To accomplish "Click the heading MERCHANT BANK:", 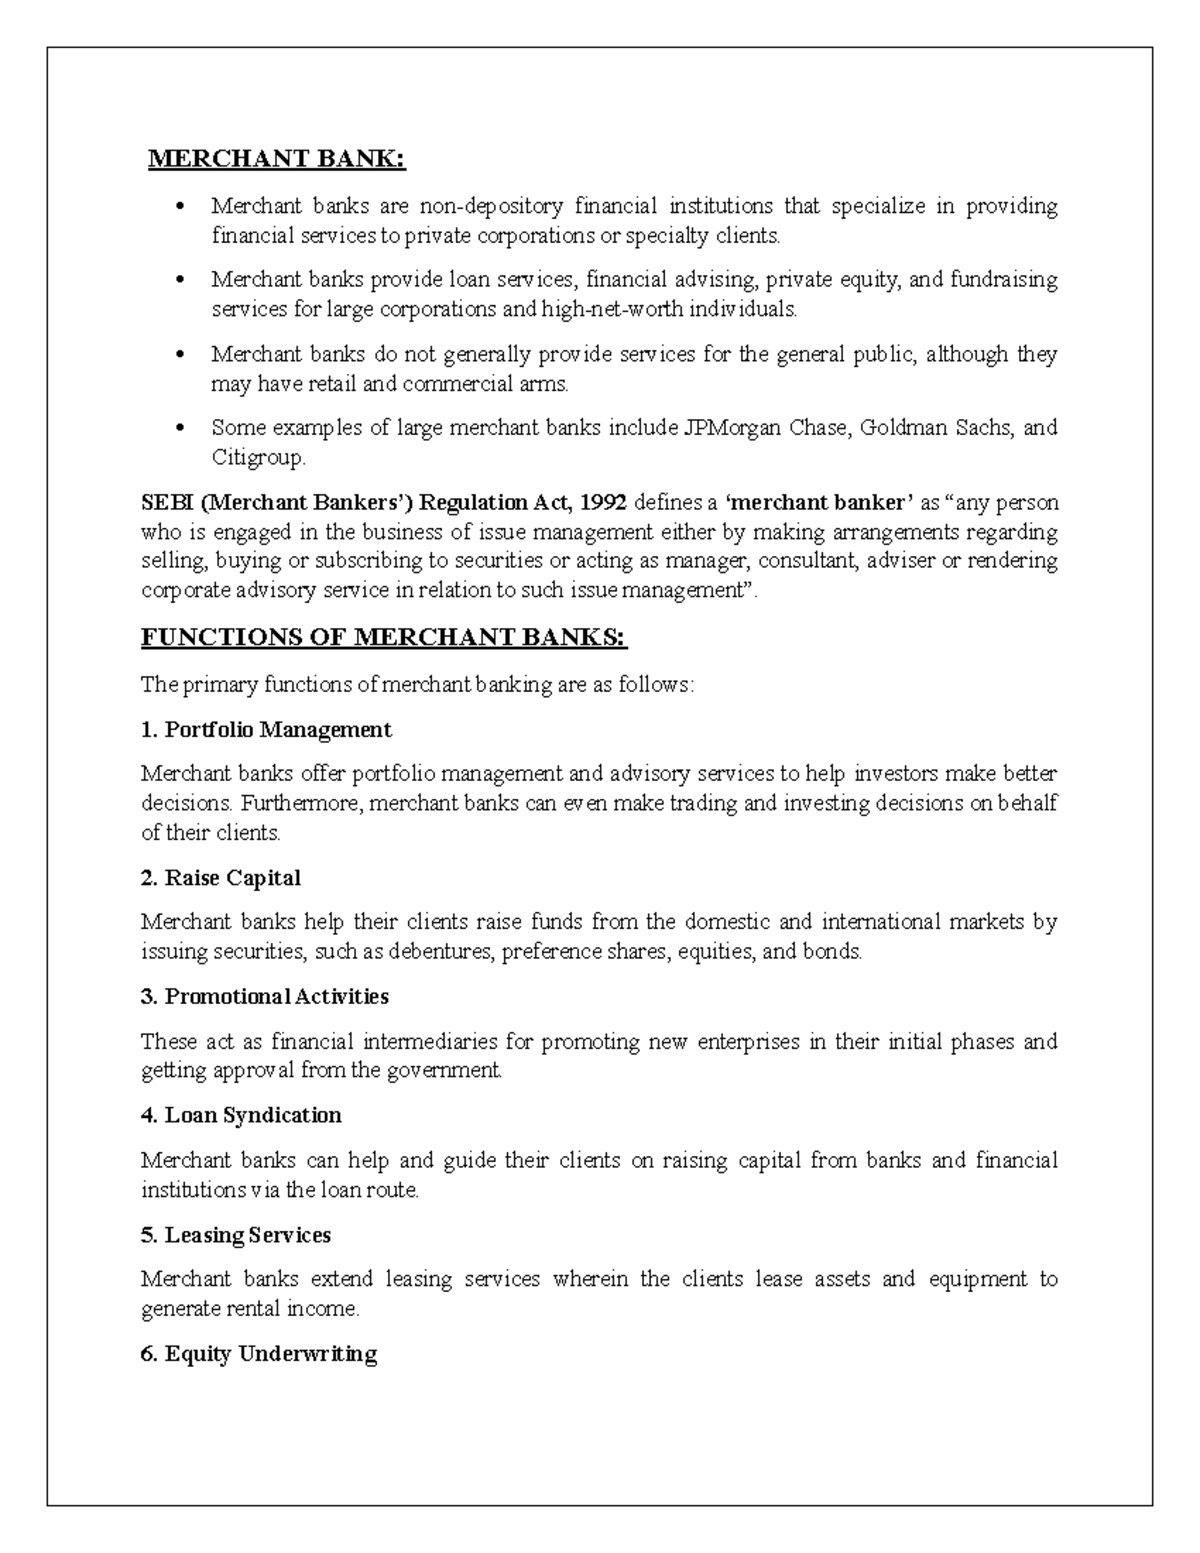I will point(277,160).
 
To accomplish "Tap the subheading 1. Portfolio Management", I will point(266,730).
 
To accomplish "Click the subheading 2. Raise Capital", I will point(221,878).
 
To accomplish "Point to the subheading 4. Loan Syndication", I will point(241,1115).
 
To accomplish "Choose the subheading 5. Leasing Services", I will point(236,1235).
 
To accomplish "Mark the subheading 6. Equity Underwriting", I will point(259,1354).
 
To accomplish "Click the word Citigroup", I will point(257,458).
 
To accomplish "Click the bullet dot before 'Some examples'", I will point(181,429).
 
